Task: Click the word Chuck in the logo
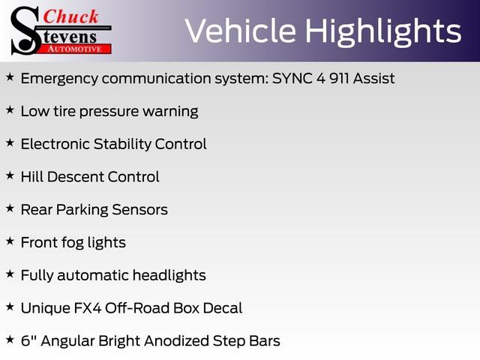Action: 70,16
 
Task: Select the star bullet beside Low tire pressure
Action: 10,109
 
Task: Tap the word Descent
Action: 75,177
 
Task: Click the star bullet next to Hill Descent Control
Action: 10,175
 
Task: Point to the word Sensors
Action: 139,210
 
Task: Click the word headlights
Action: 169,276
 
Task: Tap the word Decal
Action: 223,308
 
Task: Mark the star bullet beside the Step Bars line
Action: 10,339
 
